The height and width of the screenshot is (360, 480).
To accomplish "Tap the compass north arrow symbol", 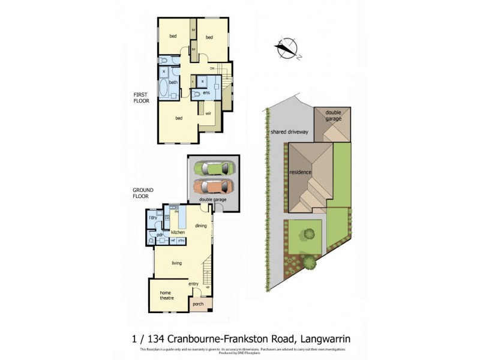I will point(287,49).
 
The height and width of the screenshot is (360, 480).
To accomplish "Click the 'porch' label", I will point(199,304).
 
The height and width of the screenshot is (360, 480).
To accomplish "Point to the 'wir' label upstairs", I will point(208,113).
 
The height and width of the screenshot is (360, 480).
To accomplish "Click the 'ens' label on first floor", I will point(206,94).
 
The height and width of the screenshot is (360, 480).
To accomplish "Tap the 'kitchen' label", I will point(178,232).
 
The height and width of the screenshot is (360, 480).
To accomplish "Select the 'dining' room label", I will point(201,226).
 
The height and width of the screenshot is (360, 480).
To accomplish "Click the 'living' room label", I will point(176,263).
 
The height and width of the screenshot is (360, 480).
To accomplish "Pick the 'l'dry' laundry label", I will point(152,217).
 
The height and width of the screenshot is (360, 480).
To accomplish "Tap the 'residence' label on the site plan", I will point(301,172).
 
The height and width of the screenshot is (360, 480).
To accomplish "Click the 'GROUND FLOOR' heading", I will point(143,193).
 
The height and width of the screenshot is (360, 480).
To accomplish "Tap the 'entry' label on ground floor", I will point(193,284).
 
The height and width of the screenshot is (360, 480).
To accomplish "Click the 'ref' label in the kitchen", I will point(173,240).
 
